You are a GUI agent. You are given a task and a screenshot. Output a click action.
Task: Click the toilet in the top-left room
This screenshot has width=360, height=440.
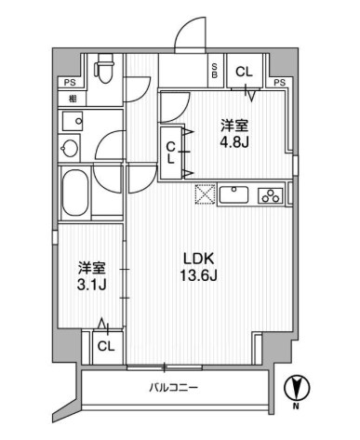(105, 71)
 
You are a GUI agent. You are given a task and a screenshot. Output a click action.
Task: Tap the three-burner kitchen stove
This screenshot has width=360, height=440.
(271, 196)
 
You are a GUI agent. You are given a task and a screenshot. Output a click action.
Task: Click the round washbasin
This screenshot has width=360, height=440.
(70, 147)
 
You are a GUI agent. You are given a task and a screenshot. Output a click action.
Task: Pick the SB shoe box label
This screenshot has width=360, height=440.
(215, 71)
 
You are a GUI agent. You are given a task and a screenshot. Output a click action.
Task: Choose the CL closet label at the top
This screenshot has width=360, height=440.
(242, 71)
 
